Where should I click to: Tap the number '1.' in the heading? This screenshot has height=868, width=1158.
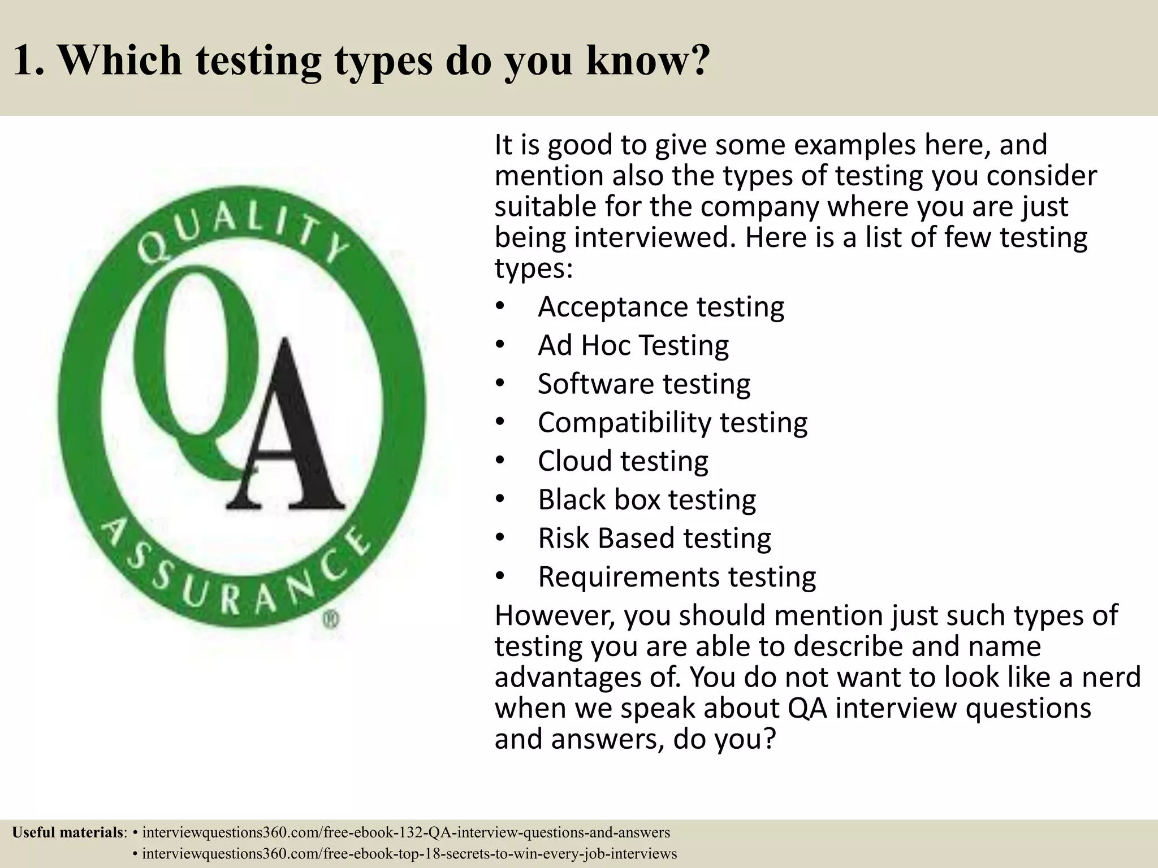click(28, 60)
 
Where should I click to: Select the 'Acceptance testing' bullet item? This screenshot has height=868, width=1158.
click(660, 307)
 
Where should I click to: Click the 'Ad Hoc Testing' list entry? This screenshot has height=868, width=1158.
click(633, 345)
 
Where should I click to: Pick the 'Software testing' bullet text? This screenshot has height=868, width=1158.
click(644, 384)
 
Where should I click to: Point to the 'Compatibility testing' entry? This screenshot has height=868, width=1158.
click(672, 423)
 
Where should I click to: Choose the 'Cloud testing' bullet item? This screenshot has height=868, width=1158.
click(623, 461)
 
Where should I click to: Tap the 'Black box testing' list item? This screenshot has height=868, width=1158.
click(646, 500)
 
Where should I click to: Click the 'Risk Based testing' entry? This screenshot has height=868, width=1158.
click(654, 538)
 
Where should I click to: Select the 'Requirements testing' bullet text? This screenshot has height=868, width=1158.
click(677, 577)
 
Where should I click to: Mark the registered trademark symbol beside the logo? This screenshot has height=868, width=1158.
click(331, 620)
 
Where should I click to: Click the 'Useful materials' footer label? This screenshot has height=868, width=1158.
click(68, 832)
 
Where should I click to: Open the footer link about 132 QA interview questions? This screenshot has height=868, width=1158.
click(406, 832)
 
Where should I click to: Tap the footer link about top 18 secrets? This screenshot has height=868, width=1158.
click(409, 853)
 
